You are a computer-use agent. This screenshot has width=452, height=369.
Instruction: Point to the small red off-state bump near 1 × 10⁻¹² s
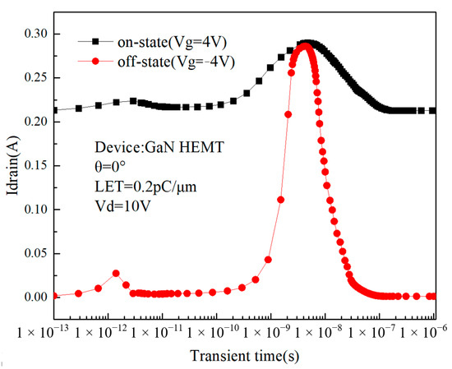tap(116, 273)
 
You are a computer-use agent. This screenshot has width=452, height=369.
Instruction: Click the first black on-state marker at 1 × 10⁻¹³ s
tap(55, 110)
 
